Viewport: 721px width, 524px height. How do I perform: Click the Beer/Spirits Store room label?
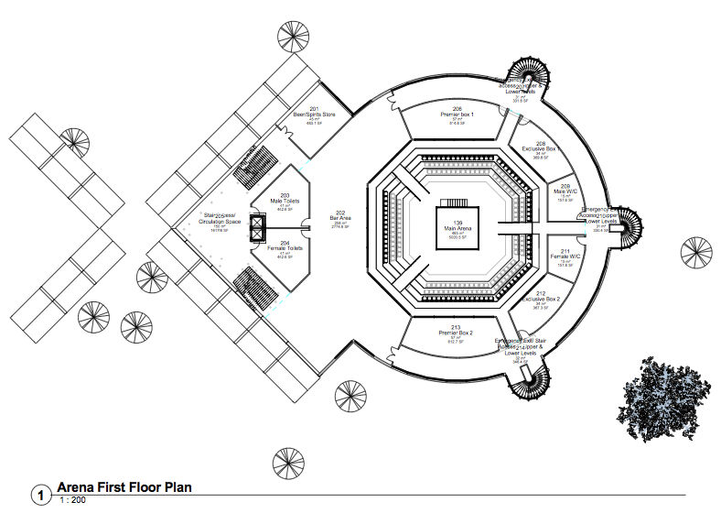pyautogui.click(x=314, y=115)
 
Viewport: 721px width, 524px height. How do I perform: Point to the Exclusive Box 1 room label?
pyautogui.click(x=540, y=149)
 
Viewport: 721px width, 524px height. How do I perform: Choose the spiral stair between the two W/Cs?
pyautogui.click(x=626, y=225)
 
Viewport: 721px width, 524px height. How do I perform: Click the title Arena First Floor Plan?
pyautogui.click(x=124, y=487)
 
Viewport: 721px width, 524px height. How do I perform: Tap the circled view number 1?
pyautogui.click(x=41, y=495)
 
